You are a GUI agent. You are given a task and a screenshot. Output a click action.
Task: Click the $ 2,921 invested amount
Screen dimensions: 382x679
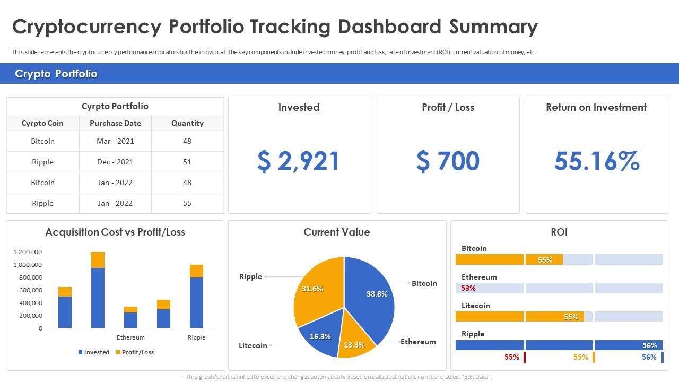pos(299,161)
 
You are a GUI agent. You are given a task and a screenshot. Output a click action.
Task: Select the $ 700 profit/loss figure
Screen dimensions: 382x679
pos(448,161)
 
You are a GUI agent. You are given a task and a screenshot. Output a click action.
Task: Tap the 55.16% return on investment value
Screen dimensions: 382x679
pos(596,161)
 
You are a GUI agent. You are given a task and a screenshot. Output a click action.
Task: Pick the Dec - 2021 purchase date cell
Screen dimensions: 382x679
pos(115,162)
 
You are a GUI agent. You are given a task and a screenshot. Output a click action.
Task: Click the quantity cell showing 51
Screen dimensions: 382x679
pos(187,162)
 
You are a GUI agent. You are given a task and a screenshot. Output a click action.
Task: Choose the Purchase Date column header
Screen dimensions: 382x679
pos(115,123)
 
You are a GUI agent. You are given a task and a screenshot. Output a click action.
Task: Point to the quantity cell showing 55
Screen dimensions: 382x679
pos(187,203)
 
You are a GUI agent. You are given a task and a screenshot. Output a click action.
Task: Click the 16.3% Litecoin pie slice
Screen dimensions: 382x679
pos(320,336)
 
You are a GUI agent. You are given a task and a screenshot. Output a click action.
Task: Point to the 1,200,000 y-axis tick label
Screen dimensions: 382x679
pos(27,252)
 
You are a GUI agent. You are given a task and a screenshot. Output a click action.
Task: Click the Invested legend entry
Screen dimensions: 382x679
pos(94,352)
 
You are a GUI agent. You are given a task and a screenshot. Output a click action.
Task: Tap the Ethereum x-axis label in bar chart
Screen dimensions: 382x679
pos(130,337)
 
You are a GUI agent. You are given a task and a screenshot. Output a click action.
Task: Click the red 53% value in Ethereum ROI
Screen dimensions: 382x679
pos(468,288)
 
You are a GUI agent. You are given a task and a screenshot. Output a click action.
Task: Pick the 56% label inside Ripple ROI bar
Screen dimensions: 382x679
pos(649,345)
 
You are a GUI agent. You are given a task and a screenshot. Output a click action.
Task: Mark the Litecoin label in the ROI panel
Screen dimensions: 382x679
pos(475,306)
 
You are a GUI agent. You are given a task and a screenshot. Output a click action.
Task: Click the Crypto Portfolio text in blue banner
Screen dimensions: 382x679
pos(56,74)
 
